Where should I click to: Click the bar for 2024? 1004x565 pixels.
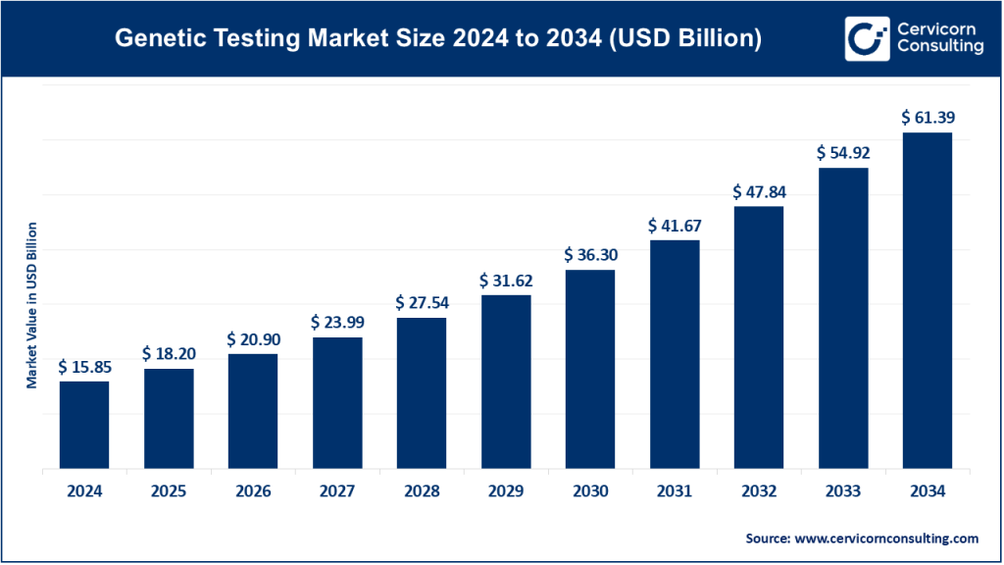[x=84, y=425]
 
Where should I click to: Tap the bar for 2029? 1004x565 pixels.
[x=506, y=382]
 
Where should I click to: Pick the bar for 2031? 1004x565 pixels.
[x=675, y=354]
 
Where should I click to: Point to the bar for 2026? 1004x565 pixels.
[x=253, y=411]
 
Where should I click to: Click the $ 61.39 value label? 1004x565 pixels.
[x=928, y=118]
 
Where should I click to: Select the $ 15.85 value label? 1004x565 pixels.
[x=84, y=366]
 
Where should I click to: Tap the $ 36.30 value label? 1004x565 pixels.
[x=590, y=254]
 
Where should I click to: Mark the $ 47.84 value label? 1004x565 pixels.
[x=759, y=192]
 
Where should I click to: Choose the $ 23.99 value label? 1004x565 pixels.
[x=337, y=322]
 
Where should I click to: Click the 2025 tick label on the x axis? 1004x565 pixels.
[x=169, y=492]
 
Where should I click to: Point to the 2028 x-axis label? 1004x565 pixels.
[x=422, y=492]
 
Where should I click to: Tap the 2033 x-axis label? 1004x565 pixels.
[x=843, y=492]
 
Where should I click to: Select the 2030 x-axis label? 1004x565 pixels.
[x=590, y=492]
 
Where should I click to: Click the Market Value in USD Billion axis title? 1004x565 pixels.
[x=32, y=305]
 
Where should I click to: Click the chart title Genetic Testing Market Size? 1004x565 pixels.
[x=437, y=39]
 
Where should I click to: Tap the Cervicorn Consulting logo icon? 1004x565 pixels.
[x=866, y=39]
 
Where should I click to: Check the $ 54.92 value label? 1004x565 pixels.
[x=843, y=153]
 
